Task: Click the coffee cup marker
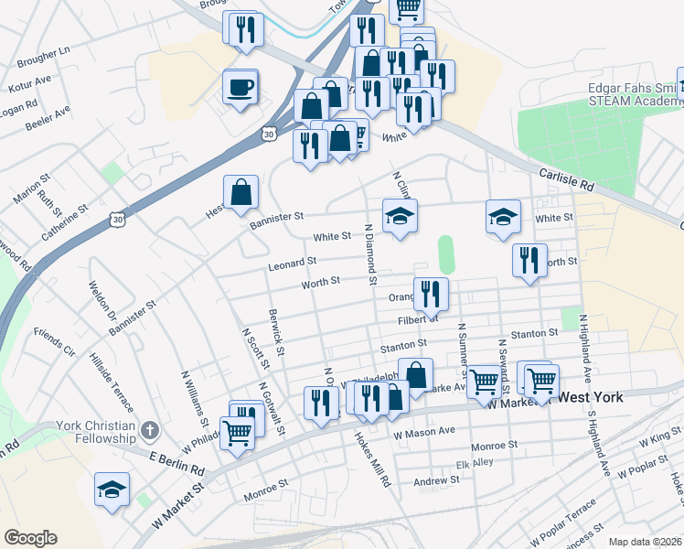(x=240, y=88)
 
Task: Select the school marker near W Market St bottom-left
(x=112, y=490)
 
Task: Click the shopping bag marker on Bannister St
(x=240, y=192)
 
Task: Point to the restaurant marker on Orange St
(x=430, y=294)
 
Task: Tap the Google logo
(x=30, y=538)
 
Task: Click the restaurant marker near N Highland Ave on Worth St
(x=529, y=260)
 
